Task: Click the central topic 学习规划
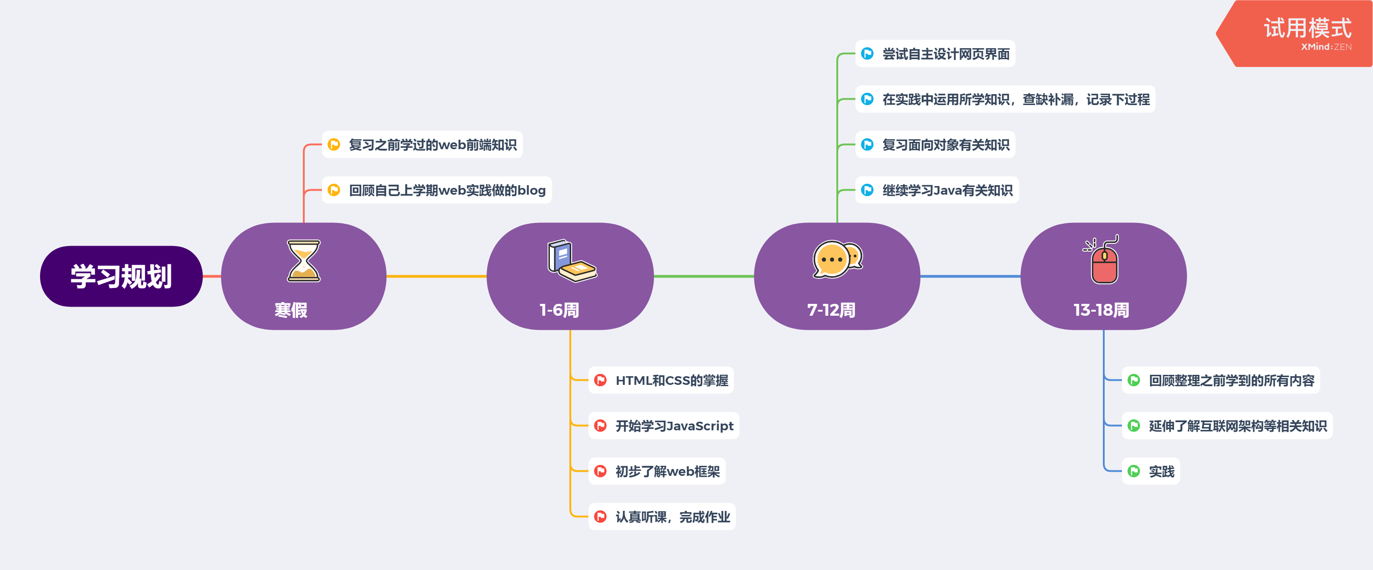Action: point(121,276)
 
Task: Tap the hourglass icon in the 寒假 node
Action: point(303,261)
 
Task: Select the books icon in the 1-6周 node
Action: point(571,261)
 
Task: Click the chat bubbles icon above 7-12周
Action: point(837,260)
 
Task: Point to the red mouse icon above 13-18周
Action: point(1104,261)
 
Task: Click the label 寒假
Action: point(291,310)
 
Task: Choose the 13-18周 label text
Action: point(1101,310)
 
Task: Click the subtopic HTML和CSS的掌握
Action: point(672,380)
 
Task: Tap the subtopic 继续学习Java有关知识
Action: point(947,190)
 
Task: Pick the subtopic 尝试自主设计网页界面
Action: point(946,54)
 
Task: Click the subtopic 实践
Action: point(1162,471)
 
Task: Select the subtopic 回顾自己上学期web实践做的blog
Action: point(447,190)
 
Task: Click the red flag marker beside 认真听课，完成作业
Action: point(600,517)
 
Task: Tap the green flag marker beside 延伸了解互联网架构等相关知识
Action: point(1134,425)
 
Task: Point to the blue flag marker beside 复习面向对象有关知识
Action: point(867,145)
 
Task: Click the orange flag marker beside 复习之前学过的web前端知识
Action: point(334,145)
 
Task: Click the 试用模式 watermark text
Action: point(1307,28)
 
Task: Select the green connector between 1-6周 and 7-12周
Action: point(704,276)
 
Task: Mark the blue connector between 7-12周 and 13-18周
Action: point(970,276)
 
